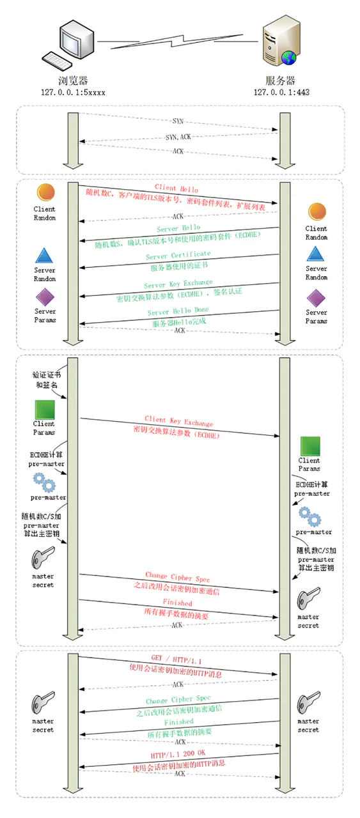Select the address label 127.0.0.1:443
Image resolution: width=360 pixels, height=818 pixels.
tap(281, 92)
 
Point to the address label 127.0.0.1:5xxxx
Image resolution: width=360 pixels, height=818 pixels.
tap(73, 92)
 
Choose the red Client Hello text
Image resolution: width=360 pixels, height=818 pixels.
tap(176, 190)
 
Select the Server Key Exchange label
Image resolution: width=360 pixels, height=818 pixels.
tap(178, 284)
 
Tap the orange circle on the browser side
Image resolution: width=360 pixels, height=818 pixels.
tap(45, 192)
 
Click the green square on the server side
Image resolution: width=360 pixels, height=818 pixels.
tap(310, 445)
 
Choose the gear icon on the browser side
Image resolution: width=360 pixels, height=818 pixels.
tap(44, 481)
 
